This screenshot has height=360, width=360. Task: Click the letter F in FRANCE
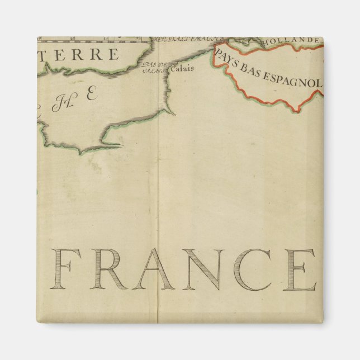[67, 269]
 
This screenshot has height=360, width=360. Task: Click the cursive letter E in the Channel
[91, 94]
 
